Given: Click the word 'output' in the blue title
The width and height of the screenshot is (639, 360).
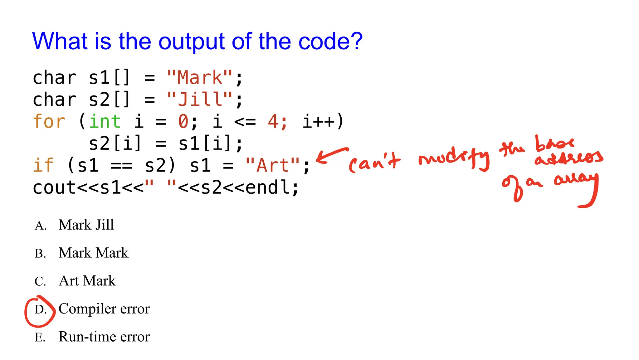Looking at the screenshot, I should tap(191, 42).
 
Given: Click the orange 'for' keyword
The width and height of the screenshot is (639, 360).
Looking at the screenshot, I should tap(49, 121).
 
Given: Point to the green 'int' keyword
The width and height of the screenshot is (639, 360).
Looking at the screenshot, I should tap(105, 121).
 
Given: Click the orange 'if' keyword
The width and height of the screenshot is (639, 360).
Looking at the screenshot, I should tap(43, 165).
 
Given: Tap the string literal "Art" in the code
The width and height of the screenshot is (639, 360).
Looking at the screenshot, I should tap(272, 165).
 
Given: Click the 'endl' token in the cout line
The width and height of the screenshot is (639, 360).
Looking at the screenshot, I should tap(268, 187).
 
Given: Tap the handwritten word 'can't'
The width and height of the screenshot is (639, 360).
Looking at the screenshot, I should tap(374, 162).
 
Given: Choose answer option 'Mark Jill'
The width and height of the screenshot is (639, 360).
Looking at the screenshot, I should tap(86, 225).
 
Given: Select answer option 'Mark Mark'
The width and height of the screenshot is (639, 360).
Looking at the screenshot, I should tap(93, 253).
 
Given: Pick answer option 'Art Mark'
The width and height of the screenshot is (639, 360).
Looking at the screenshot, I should tap(87, 281).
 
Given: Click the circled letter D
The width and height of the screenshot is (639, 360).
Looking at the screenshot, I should tap(40, 310).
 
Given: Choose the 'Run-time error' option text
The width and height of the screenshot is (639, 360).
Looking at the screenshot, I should tap(104, 337).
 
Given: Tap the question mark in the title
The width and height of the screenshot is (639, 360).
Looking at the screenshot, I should tap(356, 42).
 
